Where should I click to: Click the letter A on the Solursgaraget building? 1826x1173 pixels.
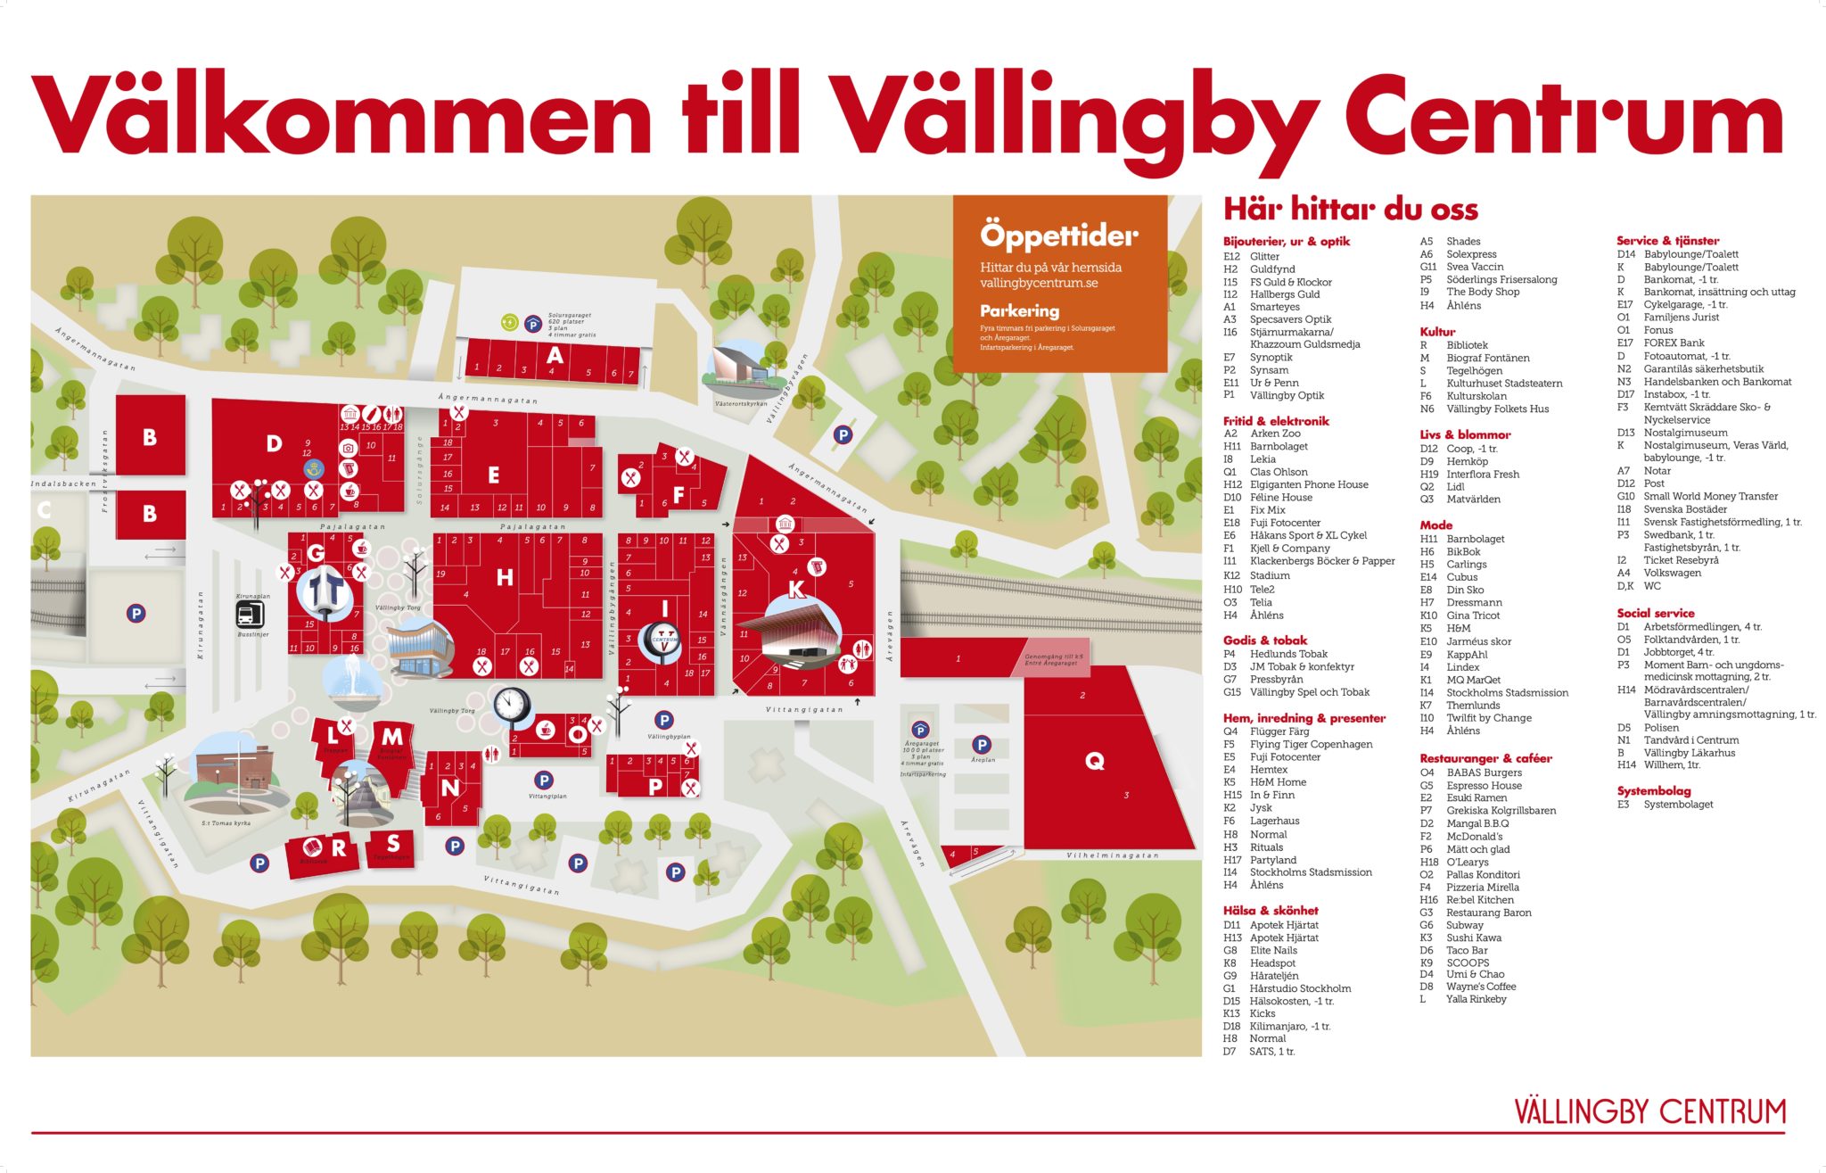(555, 355)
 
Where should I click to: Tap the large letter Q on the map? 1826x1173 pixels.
(1094, 761)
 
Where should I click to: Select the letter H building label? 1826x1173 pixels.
(505, 578)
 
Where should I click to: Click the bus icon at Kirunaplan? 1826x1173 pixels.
(249, 614)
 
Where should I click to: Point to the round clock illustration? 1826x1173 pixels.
(511, 705)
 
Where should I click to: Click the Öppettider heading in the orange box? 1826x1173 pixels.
(1059, 235)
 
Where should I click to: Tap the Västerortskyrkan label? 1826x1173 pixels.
(740, 404)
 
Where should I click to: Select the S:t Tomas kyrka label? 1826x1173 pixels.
(226, 823)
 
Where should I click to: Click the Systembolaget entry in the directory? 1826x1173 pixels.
(1678, 805)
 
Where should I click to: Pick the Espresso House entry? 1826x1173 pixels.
(1484, 786)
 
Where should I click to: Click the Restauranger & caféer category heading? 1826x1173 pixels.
(1485, 758)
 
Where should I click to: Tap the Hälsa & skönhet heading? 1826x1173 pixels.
(1271, 911)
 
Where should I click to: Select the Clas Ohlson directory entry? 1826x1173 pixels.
(1279, 472)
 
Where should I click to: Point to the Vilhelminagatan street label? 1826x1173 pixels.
(1112, 855)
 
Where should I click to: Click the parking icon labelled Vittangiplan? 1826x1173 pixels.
(543, 781)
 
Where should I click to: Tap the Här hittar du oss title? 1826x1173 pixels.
(1350, 210)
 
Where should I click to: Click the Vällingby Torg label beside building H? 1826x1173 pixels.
(398, 607)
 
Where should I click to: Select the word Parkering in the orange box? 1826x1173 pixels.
(1019, 311)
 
